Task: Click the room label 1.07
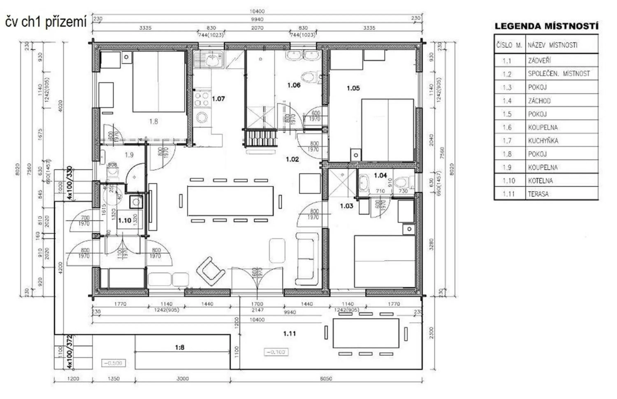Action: tap(218, 99)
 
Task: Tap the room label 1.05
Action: tap(353, 88)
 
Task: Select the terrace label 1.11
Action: tap(289, 333)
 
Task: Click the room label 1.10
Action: tap(124, 221)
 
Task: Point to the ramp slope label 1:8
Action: tap(179, 347)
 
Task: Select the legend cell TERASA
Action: tap(538, 194)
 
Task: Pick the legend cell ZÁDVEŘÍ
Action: tap(539, 61)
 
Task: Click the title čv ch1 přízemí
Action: tap(46, 22)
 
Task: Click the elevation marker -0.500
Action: tap(113, 363)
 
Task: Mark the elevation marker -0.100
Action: tap(276, 352)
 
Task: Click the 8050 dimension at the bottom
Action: tap(326, 378)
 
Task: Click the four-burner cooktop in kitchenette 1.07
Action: tap(202, 99)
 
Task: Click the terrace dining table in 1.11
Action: tap(365, 333)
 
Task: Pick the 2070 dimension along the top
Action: tap(257, 28)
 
